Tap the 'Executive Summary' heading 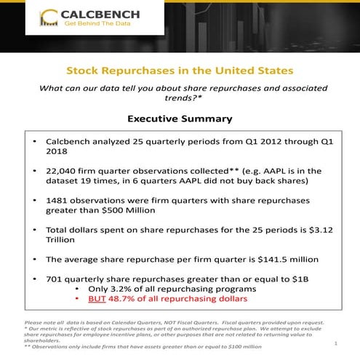180,118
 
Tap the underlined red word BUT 97,298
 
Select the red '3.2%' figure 116,289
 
